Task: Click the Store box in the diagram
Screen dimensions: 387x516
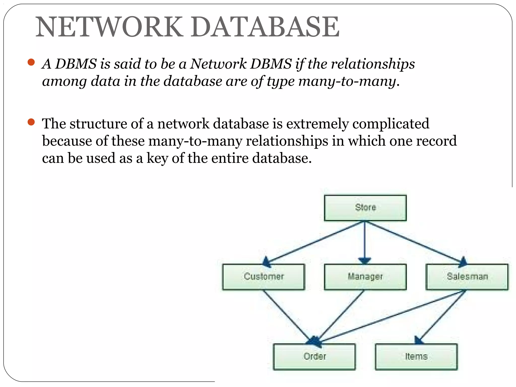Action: (365, 208)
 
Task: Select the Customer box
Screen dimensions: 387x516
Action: (264, 277)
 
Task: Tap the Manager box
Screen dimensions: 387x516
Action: (365, 277)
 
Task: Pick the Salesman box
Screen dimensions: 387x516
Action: (467, 277)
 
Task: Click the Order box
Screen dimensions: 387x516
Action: (314, 357)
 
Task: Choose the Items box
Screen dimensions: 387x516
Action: (416, 357)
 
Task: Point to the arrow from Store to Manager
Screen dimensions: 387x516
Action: (365, 242)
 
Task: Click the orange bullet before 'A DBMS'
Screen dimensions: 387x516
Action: (31, 62)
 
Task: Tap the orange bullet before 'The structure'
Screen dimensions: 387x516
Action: (31, 122)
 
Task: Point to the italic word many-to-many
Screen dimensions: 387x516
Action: (346, 81)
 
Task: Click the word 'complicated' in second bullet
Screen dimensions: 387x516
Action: (391, 124)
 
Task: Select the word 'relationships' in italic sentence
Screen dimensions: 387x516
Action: (373, 64)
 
